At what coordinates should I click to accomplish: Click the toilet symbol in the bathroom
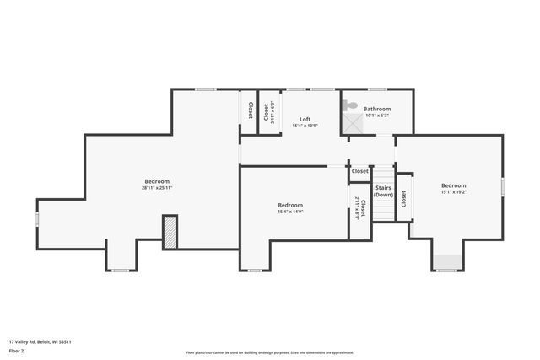pos(349,106)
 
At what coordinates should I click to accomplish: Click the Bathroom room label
pos(377,109)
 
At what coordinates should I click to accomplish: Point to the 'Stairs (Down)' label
pos(383,191)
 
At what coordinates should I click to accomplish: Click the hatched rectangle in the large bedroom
pos(170,232)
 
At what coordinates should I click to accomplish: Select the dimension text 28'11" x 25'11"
pos(157,188)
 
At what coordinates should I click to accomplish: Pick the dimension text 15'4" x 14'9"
pos(290,212)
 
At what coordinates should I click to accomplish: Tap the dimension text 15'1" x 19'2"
pos(453,192)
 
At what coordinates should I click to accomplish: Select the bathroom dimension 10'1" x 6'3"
pos(377,116)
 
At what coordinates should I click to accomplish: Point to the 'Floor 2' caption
pos(18,349)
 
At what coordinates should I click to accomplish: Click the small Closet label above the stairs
pos(360,171)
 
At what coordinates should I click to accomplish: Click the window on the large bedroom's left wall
pos(37,219)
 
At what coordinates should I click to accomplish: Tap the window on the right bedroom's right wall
pos(502,184)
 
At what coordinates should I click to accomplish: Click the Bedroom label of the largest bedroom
pos(157,181)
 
